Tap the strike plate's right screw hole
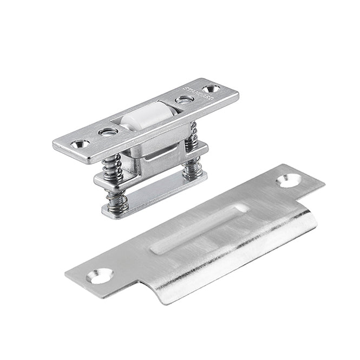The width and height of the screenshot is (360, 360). point(288,180)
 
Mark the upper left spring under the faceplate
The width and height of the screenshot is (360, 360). point(112,166)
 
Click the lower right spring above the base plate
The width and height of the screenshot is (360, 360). point(192,168)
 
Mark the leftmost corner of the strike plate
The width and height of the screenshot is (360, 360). point(66,273)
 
